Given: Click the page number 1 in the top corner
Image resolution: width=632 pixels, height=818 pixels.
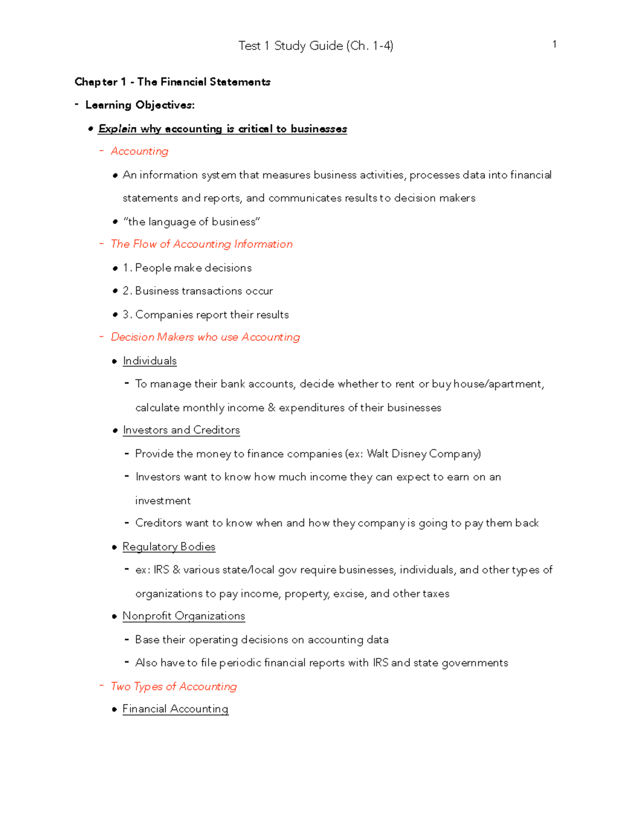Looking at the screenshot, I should [554, 44].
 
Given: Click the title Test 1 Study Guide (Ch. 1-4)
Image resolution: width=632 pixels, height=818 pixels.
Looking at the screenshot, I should [315, 46].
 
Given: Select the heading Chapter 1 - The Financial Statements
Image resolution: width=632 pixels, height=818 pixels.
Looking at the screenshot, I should [172, 82].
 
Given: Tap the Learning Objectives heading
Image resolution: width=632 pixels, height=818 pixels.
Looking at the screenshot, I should [140, 105].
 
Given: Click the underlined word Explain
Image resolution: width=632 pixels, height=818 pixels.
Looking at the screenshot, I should [117, 129].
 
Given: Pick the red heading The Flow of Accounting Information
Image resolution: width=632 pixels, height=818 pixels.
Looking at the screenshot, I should [201, 244].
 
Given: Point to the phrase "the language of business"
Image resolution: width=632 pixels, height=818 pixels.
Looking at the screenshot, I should [191, 222].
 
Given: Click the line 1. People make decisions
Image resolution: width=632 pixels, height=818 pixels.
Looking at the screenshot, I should [187, 268].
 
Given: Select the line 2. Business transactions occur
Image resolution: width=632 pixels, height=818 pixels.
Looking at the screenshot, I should [197, 291].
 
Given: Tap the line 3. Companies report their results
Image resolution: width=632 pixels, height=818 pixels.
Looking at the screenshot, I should [205, 314].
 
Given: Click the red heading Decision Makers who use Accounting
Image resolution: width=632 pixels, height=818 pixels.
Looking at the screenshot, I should [205, 337].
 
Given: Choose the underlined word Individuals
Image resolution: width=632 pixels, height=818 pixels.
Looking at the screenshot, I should [150, 361].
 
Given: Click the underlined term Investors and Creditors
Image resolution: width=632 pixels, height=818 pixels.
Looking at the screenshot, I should [181, 430].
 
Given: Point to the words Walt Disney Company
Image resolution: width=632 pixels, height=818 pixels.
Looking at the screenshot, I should [423, 454].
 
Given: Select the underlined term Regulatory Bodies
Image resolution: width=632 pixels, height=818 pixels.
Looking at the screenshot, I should [169, 547].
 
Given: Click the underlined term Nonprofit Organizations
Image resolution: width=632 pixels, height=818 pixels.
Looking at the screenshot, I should [184, 616].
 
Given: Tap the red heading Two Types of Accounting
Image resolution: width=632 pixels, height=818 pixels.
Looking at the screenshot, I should [173, 686].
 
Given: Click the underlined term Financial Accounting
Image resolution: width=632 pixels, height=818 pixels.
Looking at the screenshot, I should [175, 709].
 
